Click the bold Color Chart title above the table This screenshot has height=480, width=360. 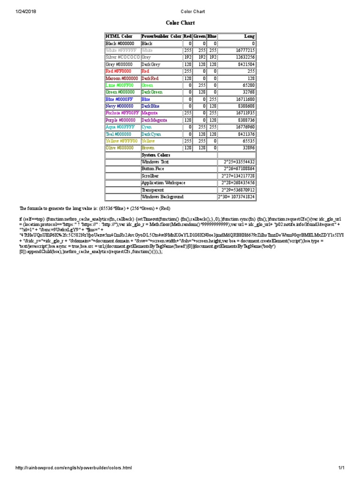tap(180, 22)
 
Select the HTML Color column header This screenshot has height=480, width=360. tap(119, 36)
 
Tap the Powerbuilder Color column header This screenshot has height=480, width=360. tap(161, 36)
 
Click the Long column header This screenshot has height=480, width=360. tap(249, 36)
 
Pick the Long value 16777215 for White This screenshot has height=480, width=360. tap(245, 50)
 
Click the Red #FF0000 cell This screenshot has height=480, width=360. tap(119, 71)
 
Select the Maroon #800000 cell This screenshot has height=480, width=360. tap(122, 78)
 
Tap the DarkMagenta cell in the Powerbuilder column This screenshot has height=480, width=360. tap(157, 120)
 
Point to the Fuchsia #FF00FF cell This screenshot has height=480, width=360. tap(122, 113)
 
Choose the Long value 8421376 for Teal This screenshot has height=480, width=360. tap(245, 134)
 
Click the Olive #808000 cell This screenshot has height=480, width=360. tap(120, 148)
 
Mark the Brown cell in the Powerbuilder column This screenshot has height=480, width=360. tap(148, 148)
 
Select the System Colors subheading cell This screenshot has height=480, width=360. tap(156, 155)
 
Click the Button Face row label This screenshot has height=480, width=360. tap(153, 169)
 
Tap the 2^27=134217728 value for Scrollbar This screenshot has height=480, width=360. tap(238, 176)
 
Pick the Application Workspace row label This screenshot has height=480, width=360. tap(163, 183)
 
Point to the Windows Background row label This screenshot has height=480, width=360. tap(162, 197)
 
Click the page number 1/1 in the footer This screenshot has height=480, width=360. tap(341, 468)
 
